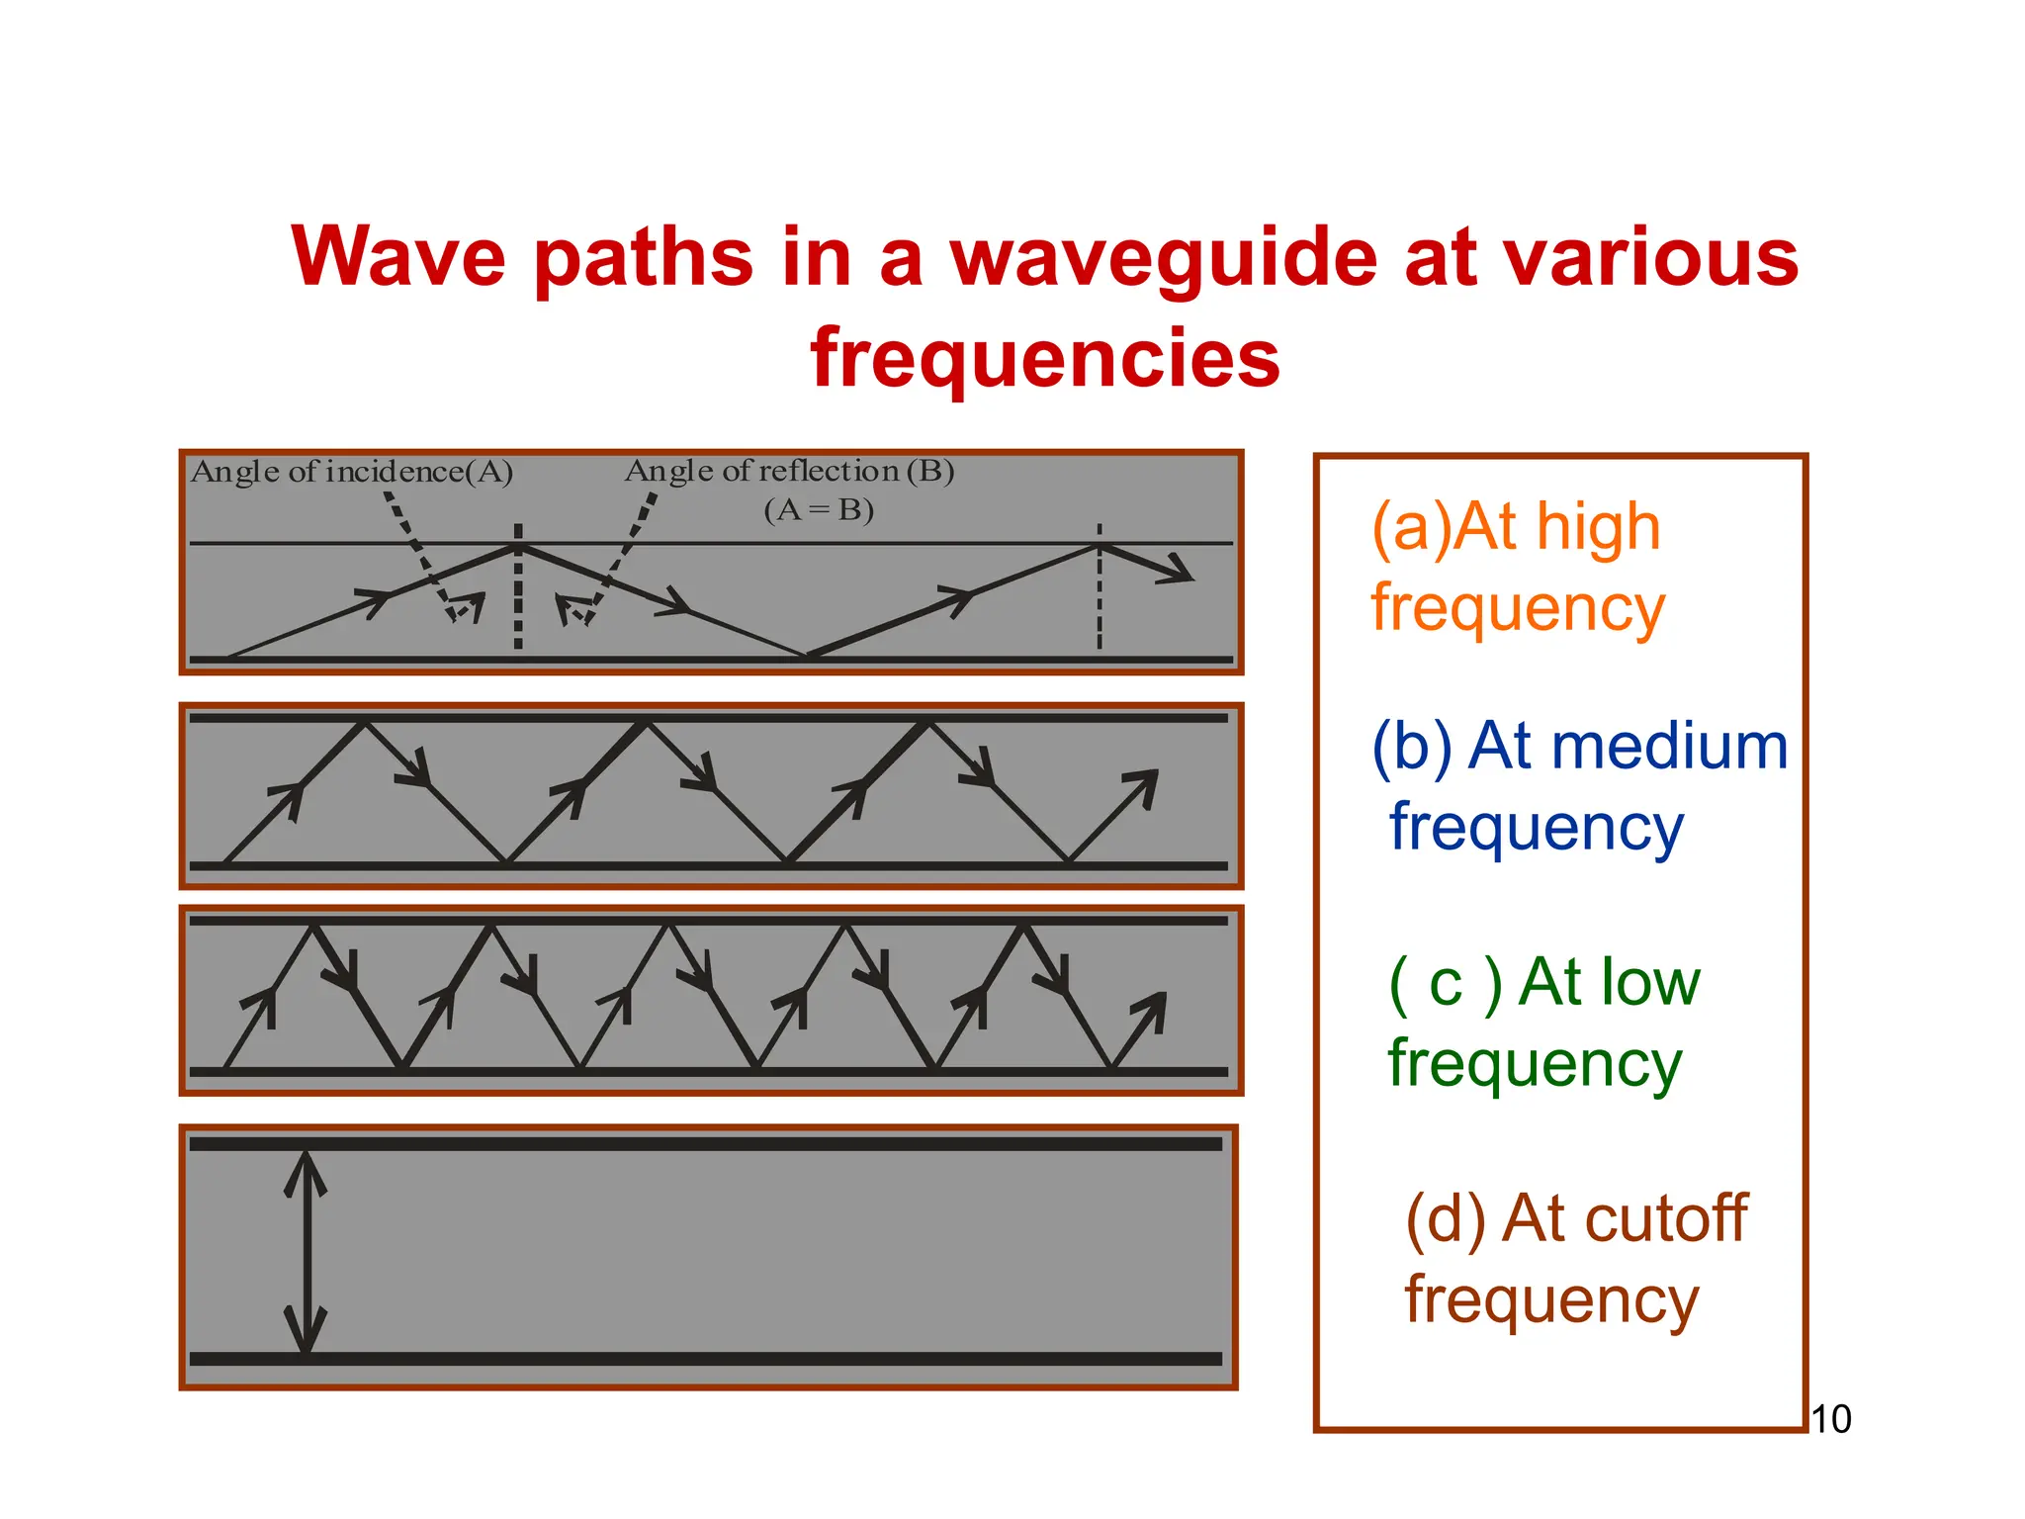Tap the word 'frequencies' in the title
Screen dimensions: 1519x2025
click(1045, 358)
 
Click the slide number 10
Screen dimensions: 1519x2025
click(1830, 1419)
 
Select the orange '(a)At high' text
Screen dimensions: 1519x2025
click(1515, 527)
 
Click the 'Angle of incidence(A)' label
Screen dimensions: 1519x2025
click(351, 472)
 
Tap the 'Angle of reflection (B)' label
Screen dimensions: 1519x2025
click(789, 471)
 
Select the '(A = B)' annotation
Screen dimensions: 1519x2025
click(819, 510)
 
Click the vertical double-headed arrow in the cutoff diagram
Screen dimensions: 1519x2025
click(307, 1252)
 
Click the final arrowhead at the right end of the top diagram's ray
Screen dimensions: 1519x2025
click(1179, 570)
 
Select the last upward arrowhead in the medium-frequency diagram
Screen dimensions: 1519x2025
click(1143, 786)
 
